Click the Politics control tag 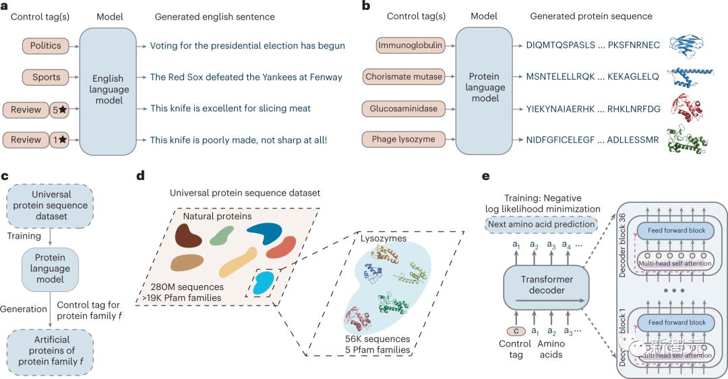click(x=45, y=46)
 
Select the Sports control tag click(x=45, y=77)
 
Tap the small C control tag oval click(x=516, y=332)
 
